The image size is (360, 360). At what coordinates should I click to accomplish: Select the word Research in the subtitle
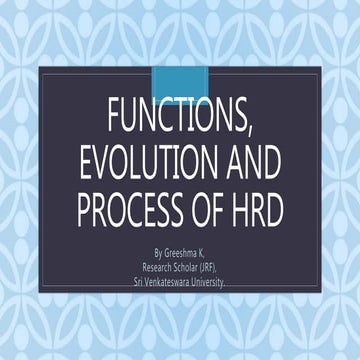coord(160,268)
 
